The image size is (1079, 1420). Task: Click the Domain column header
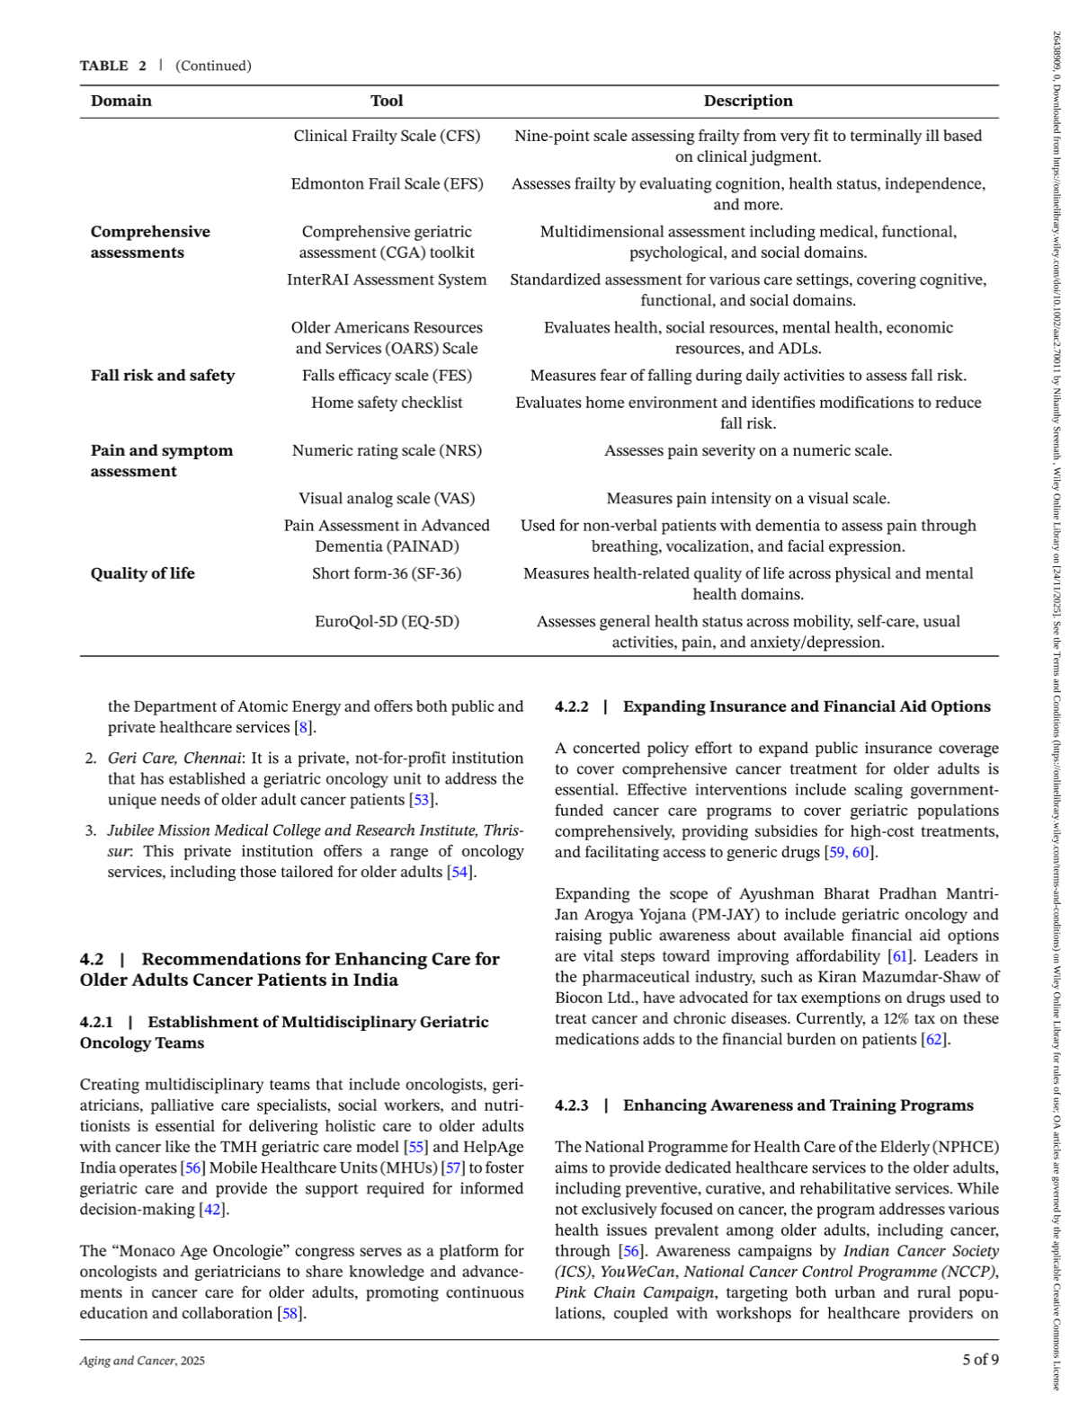pos(121,101)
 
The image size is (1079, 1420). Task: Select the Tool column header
pos(387,101)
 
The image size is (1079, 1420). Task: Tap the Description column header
pos(748,101)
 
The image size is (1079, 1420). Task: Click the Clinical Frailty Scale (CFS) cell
pos(387,136)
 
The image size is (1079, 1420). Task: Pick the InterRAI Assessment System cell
pos(387,280)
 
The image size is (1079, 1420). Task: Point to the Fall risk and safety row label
pos(163,376)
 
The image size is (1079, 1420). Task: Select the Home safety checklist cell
pos(387,403)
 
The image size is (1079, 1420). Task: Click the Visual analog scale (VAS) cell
pos(387,498)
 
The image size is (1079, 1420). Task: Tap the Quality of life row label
pos(143,573)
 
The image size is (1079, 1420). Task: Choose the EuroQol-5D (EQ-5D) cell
pos(387,621)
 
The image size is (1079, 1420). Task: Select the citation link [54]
pos(460,872)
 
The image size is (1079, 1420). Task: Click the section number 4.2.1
pos(96,1022)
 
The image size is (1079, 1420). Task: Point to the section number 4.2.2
pos(572,706)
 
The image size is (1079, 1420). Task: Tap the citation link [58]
pos(290,1313)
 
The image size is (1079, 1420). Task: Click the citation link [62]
pos(934,1039)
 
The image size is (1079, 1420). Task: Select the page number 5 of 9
pos(980,1360)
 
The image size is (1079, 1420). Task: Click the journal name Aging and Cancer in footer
pos(127,1361)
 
